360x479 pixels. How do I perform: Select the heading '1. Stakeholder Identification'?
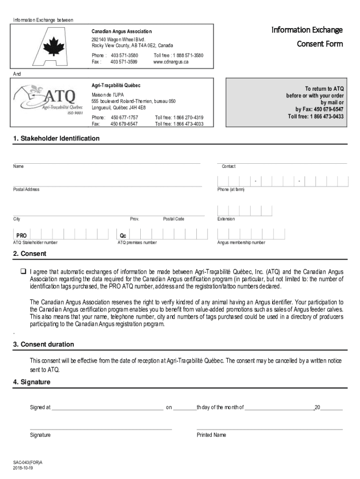click(56, 138)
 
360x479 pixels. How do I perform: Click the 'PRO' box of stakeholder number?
click(22, 235)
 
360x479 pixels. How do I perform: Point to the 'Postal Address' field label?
click(26, 189)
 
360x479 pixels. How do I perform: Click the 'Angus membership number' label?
click(241, 242)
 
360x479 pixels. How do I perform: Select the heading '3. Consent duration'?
click(43, 344)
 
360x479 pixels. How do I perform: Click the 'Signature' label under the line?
click(40, 435)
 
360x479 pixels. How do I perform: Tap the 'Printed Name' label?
click(211, 435)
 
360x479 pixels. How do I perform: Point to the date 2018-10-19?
click(23, 468)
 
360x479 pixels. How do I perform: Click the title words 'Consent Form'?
click(320, 44)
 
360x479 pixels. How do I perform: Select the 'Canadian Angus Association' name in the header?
click(122, 31)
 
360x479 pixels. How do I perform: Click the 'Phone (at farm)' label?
click(231, 189)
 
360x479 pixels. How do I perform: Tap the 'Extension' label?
click(226, 219)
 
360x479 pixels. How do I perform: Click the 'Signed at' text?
click(40, 407)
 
